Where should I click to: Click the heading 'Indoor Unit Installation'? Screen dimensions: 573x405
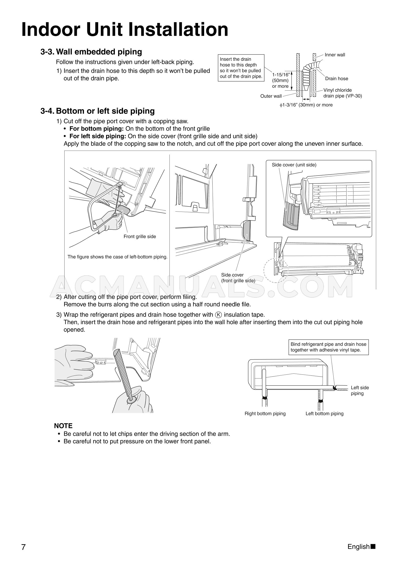pos(125,30)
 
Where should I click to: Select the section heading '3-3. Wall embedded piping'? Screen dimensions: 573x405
pos(91,52)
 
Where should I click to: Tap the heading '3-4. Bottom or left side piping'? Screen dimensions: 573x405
pos(97,111)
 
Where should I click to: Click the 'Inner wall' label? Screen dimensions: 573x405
pos(335,55)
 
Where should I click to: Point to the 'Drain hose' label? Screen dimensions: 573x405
pos(336,79)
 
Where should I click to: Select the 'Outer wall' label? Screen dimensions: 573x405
pos(271,96)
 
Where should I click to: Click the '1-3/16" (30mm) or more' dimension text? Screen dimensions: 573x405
pos(306,105)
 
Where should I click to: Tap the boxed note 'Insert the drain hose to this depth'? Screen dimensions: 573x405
pos(241,68)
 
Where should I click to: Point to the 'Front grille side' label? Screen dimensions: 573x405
pos(140,237)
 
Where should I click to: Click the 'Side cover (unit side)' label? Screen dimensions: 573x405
pos(294,165)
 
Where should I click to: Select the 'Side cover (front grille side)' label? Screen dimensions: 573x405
pos(238,278)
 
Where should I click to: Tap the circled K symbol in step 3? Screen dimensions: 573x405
pos(218,315)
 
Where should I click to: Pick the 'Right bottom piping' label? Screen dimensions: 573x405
pos(265,413)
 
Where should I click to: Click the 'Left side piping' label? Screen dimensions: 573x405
pos(360,390)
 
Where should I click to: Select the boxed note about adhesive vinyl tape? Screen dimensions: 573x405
pos(328,347)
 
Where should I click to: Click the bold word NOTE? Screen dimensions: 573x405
pos(63,426)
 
